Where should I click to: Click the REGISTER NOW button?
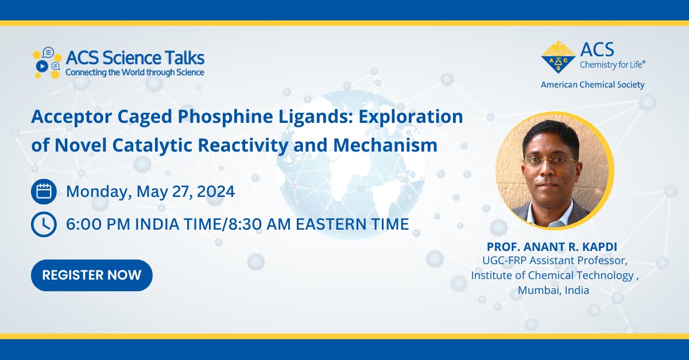92,275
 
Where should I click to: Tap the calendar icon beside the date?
44,191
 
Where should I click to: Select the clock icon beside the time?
44,224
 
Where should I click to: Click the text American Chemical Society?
593,85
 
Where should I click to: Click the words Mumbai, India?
553,290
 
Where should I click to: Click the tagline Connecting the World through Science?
135,73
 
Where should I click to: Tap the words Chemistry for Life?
616,64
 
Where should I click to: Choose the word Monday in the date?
99,191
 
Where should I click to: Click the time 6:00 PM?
99,224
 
